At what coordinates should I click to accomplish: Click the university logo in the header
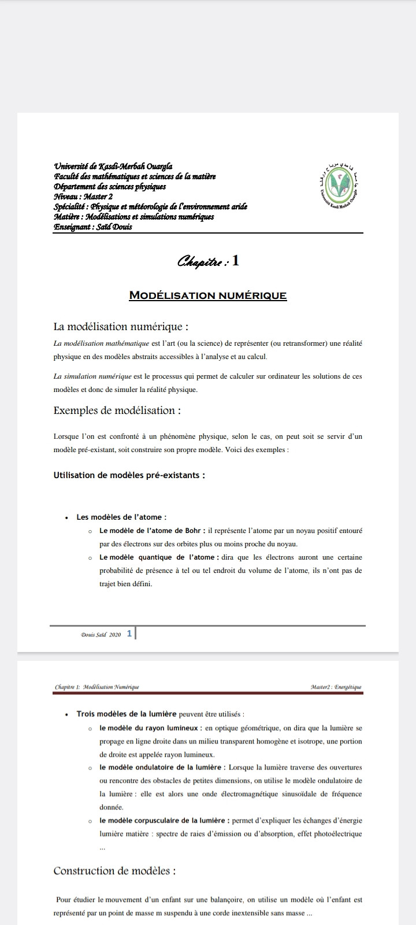(339, 184)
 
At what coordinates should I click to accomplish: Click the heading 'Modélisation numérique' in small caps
(208, 295)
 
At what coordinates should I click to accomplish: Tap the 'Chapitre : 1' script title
(208, 261)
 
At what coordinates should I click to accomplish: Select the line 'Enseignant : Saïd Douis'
(93, 227)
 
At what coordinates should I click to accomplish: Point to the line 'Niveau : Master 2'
(83, 197)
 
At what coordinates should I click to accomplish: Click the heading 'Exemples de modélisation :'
(117, 410)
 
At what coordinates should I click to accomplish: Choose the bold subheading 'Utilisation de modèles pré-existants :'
(129, 475)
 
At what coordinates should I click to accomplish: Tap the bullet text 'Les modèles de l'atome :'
(121, 517)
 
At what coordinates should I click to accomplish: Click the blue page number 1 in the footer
(129, 634)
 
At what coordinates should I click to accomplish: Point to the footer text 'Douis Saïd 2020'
(101, 634)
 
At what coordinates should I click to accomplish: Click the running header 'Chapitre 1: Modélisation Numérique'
(97, 687)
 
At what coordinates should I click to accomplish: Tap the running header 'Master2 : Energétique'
(336, 687)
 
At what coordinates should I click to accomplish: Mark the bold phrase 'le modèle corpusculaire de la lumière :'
(165, 820)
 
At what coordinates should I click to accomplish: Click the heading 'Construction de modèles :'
(114, 871)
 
